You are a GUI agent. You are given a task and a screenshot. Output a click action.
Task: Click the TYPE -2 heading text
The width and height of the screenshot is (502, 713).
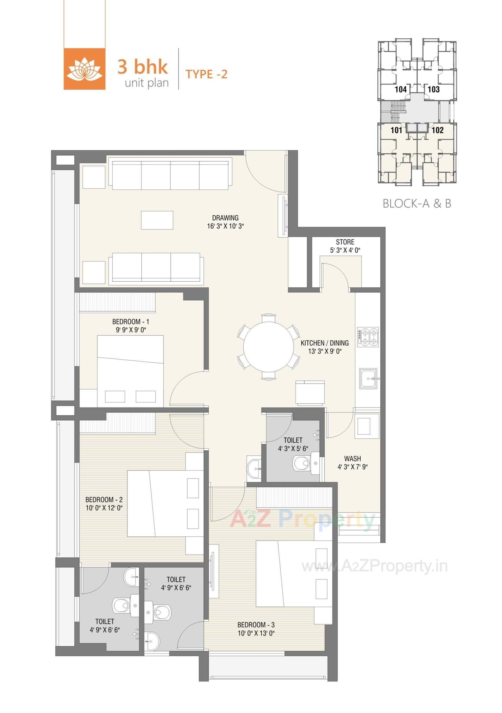(x=206, y=74)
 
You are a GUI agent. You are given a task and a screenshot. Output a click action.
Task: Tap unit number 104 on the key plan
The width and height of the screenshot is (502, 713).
(x=401, y=89)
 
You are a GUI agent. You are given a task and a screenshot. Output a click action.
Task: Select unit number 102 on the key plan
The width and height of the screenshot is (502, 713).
(x=437, y=130)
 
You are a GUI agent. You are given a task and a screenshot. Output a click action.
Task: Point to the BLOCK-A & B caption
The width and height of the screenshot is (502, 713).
(x=417, y=203)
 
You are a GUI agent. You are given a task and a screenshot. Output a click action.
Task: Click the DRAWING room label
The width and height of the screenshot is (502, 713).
(x=225, y=218)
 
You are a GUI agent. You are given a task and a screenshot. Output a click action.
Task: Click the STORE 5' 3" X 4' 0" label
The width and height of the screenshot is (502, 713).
(x=345, y=246)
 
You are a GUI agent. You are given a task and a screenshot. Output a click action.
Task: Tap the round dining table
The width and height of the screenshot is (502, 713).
(x=268, y=347)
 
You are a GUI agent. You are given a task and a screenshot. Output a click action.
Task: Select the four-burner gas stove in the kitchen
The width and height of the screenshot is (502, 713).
(x=368, y=337)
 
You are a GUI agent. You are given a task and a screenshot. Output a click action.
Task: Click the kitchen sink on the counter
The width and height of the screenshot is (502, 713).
(x=368, y=378)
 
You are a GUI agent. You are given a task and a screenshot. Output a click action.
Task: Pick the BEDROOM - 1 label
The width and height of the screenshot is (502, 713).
(x=131, y=322)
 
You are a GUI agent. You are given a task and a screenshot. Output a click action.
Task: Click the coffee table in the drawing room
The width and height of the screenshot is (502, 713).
(x=157, y=220)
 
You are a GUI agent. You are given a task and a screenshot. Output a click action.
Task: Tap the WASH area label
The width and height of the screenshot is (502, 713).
(x=352, y=458)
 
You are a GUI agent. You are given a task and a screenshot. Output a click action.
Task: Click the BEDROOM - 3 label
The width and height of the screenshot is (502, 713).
(x=256, y=625)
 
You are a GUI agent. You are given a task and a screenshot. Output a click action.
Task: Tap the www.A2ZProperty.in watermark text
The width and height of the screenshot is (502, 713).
(x=375, y=566)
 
